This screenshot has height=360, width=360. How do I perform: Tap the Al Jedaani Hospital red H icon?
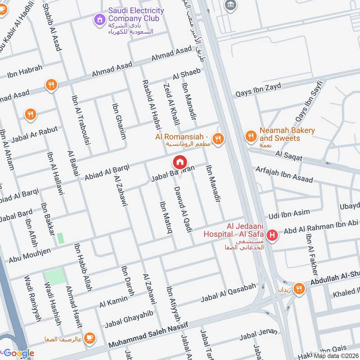tap(272, 234)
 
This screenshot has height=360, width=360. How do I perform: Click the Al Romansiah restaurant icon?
tap(218, 139)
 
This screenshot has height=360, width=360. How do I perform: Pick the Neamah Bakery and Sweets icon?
tap(250, 135)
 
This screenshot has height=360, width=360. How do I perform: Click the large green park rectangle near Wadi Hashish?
tap(55, 277)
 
